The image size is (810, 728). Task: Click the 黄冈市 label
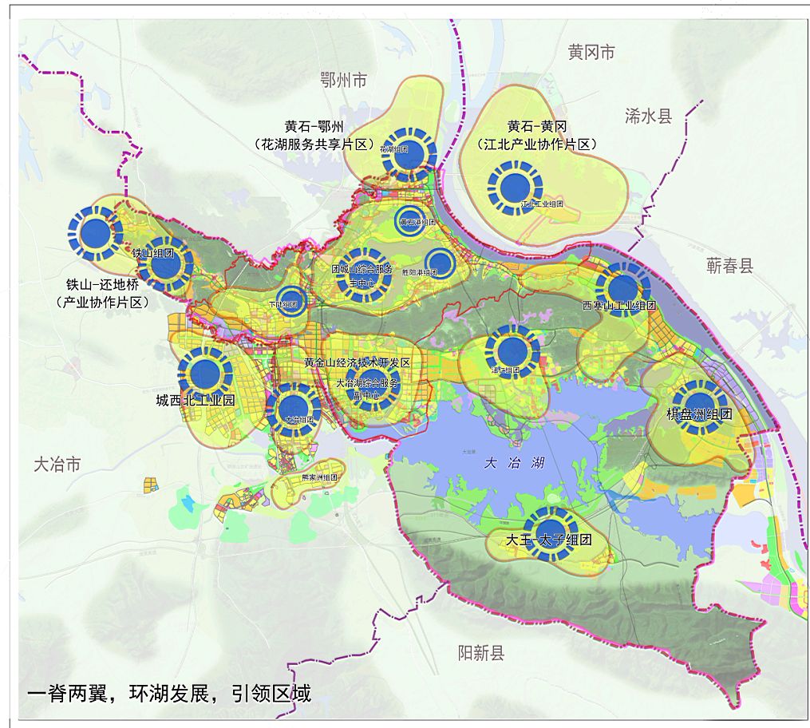coord(592,53)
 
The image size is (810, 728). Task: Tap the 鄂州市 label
coord(343,80)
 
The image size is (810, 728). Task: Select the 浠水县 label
coord(649,117)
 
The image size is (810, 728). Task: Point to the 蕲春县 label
coord(729,266)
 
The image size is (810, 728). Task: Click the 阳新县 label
coord(481,654)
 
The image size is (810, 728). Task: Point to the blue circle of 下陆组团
coord(291,301)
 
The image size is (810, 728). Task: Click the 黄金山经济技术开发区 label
coord(357,362)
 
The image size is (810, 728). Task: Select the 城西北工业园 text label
coord(196,401)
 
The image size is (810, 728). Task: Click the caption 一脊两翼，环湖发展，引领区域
coord(168,692)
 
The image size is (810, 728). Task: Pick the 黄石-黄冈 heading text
coord(536,127)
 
